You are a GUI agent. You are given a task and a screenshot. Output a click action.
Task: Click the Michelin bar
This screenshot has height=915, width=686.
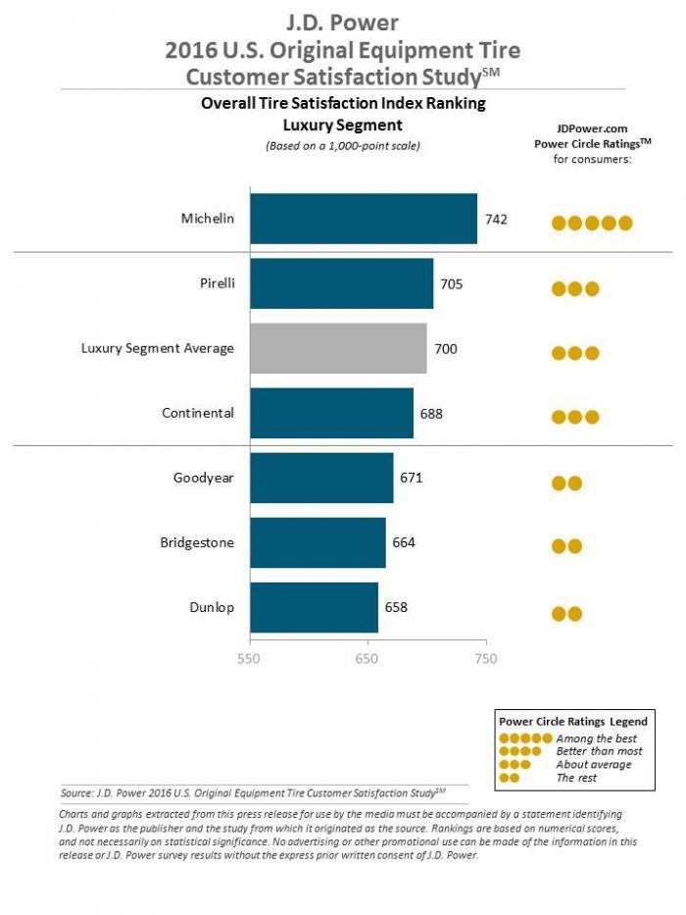point(364,219)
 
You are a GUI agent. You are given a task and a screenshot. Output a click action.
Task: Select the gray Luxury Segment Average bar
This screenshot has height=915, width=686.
point(338,348)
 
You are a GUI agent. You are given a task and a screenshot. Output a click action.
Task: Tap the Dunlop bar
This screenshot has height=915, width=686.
point(314,608)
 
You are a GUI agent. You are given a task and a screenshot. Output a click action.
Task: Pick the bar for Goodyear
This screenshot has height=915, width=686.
point(321,478)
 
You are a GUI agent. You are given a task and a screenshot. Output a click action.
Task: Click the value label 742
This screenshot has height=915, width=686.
point(495,219)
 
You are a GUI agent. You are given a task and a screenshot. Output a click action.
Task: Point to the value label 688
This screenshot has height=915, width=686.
point(431,413)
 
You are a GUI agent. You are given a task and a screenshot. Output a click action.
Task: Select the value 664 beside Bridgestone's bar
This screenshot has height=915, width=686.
point(404,543)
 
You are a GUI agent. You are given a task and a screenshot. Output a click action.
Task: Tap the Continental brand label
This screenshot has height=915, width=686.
point(198,413)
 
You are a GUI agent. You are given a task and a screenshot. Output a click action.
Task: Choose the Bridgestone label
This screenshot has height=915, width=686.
point(197,542)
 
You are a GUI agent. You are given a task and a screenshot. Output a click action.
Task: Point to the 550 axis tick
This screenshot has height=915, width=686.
point(249,658)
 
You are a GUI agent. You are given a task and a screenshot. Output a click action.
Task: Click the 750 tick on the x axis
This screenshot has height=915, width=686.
point(485,658)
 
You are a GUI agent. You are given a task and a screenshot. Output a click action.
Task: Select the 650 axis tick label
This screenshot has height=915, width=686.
point(367,658)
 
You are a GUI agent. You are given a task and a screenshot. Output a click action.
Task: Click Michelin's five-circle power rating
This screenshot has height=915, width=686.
point(592,223)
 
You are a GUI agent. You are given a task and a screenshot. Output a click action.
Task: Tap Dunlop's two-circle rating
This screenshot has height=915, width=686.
point(567,614)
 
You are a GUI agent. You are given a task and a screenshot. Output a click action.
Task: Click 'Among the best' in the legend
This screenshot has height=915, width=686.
point(596,737)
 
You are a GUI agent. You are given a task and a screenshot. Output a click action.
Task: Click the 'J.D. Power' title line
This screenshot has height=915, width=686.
point(342,22)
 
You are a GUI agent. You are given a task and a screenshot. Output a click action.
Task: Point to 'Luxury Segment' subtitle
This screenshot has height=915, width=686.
point(342,125)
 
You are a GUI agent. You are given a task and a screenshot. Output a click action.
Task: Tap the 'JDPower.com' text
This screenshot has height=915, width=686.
point(592,127)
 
